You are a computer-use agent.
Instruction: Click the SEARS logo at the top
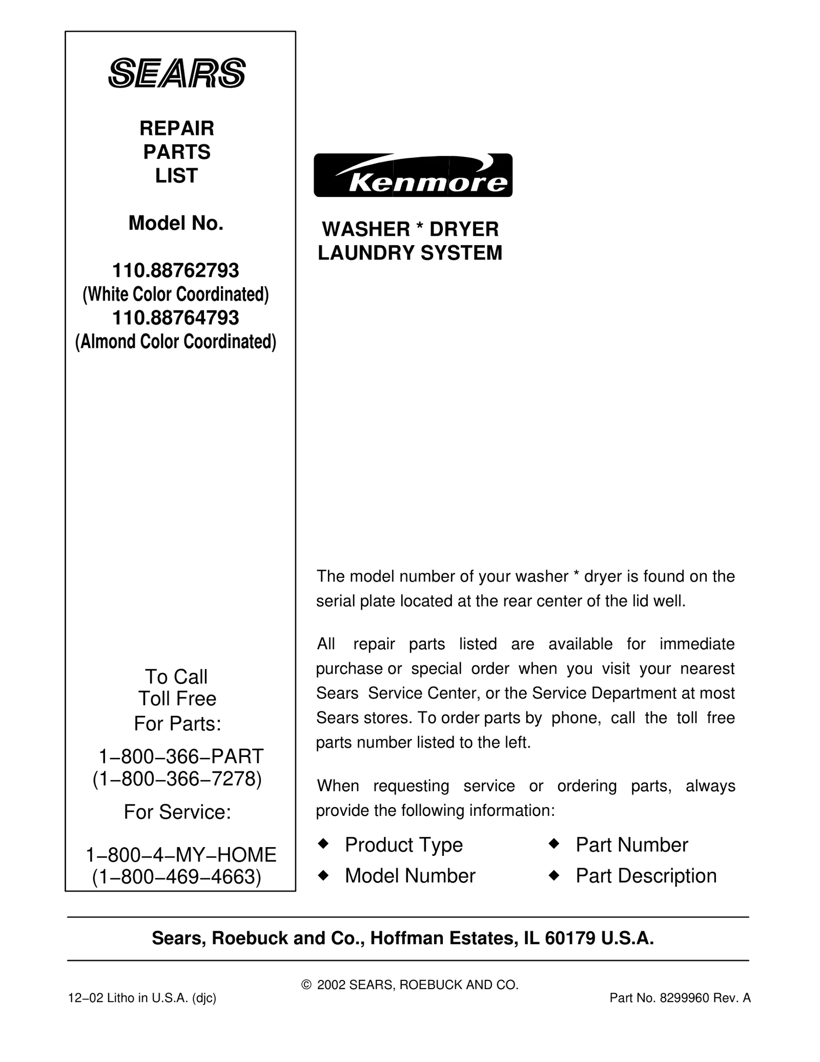(177, 73)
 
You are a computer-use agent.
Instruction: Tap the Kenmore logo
(413, 175)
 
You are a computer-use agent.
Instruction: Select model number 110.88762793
(176, 270)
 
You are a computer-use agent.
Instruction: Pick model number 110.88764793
(176, 318)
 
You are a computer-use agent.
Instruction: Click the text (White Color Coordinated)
(176, 294)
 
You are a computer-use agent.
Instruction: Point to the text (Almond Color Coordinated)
(176, 342)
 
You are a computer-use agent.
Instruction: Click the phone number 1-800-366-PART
(180, 756)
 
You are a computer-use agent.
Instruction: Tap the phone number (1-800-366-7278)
(177, 779)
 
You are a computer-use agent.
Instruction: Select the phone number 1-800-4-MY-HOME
(181, 855)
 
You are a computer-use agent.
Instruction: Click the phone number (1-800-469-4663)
(177, 877)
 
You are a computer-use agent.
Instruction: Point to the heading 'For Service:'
(177, 812)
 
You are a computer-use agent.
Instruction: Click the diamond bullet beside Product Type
(323, 843)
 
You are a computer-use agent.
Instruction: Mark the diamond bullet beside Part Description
(553, 876)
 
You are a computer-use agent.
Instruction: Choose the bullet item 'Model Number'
(410, 876)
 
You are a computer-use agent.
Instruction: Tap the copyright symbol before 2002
(306, 985)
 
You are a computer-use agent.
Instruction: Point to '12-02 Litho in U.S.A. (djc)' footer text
(142, 998)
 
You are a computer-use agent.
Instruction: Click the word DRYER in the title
(464, 229)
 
